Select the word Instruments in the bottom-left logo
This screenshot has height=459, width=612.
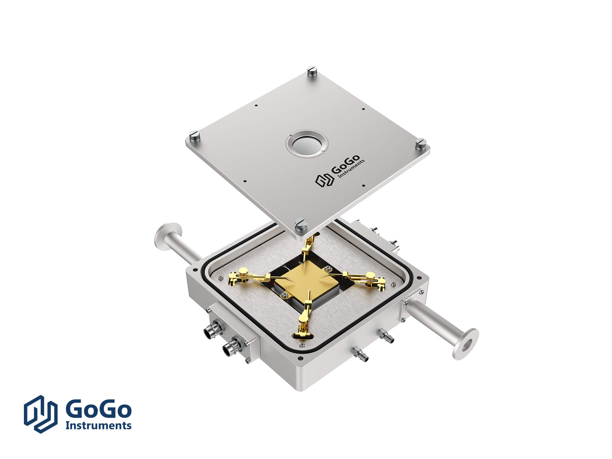98,425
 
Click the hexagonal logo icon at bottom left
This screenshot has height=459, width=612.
41,414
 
